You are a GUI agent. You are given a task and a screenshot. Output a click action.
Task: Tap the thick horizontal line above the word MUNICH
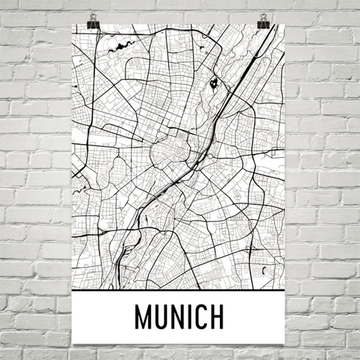pos(178,290)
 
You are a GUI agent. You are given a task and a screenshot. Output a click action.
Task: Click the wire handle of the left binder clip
pos(92,17)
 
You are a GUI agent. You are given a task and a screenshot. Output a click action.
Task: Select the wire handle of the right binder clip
pos(263,17)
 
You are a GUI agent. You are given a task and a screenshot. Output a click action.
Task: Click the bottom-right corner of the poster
pos(284,343)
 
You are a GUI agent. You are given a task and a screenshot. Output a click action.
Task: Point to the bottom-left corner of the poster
pos(73,343)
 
